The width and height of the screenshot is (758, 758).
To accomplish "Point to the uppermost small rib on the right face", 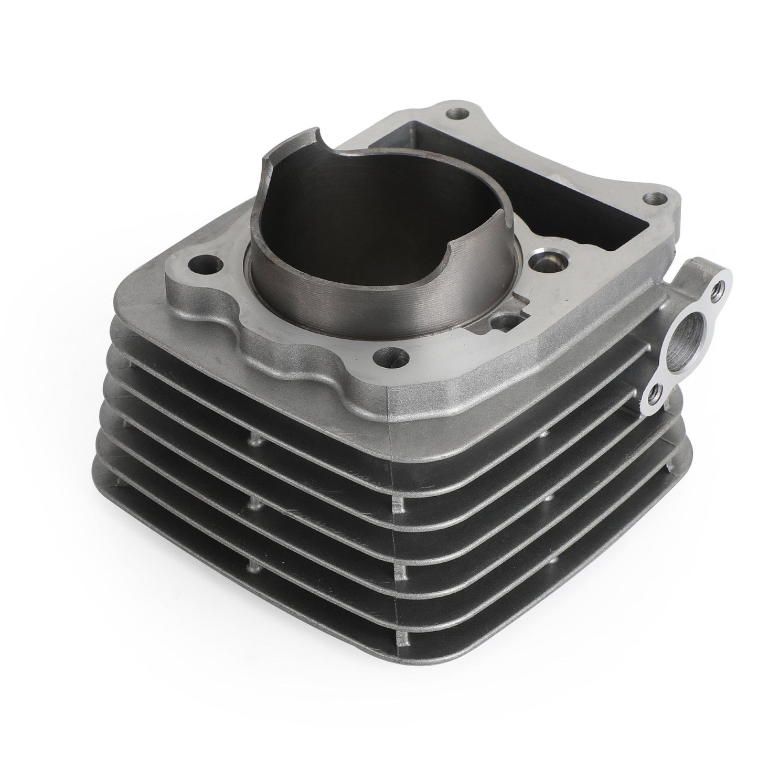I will pyautogui.click(x=546, y=433).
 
